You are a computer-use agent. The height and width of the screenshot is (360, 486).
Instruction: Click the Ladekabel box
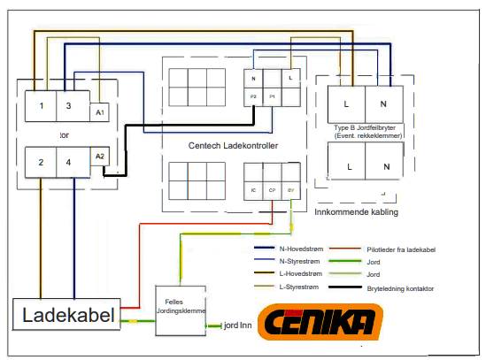pyautogui.click(x=66, y=316)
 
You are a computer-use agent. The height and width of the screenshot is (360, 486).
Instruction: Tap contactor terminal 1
pyautogui.click(x=40, y=107)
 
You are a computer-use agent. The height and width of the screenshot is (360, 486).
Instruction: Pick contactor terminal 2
pyautogui.click(x=40, y=163)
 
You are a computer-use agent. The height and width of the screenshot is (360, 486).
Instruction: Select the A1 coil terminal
pyautogui.click(x=100, y=112)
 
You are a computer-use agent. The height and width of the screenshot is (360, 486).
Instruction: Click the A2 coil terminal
pyautogui.click(x=100, y=157)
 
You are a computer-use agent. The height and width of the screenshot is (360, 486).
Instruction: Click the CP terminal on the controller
pyautogui.click(x=273, y=190)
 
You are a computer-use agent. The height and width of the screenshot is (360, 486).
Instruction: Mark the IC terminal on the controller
pyautogui.click(x=253, y=190)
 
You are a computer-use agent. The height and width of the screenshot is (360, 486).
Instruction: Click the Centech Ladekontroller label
pyautogui.click(x=234, y=145)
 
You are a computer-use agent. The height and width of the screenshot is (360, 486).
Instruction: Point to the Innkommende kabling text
pyautogui.click(x=357, y=213)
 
